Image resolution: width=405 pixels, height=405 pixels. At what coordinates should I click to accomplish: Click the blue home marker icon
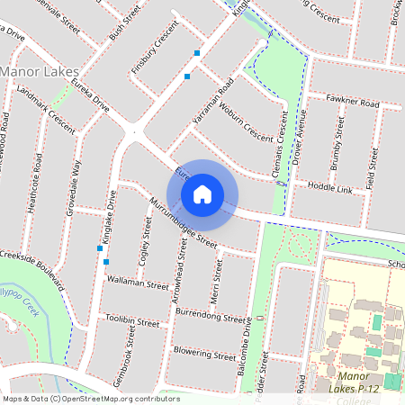coord(202,193)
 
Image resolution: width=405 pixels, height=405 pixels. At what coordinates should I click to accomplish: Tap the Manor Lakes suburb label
coord(40,70)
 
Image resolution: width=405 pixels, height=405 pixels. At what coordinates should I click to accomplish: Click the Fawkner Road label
coord(353,103)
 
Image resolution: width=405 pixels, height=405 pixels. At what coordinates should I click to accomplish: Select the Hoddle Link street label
coord(329,188)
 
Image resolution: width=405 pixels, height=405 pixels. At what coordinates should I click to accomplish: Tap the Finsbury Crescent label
coord(156,54)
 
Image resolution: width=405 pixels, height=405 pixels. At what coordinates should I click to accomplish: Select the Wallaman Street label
coord(138,283)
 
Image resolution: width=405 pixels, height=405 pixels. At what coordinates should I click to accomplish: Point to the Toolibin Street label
coord(131,321)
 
